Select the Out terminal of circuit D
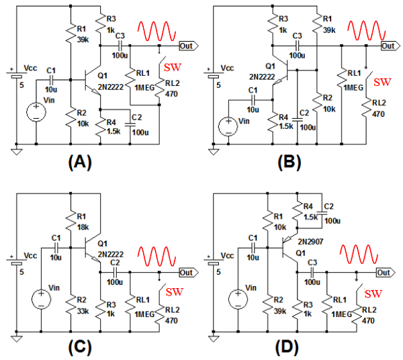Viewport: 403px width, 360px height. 384,273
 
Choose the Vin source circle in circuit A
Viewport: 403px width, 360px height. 34,112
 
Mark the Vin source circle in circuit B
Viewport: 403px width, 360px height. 229,125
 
